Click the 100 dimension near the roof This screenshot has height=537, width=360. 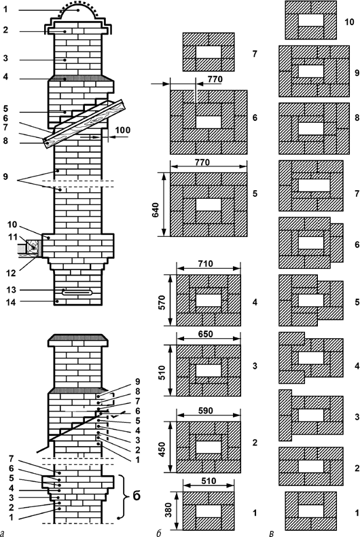(123, 130)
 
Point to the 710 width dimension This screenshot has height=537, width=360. (206, 263)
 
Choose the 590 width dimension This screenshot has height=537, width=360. (206, 411)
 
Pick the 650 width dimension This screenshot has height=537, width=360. (206, 334)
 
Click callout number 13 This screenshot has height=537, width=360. (12, 290)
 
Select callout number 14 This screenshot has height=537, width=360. (12, 302)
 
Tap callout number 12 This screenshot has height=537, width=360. (12, 273)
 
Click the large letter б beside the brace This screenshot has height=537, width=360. (136, 496)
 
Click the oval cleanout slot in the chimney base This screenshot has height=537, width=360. (77, 292)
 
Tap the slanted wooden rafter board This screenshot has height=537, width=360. (84, 124)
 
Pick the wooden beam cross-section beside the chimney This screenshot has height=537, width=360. (33, 246)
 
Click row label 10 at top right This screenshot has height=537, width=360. (349, 22)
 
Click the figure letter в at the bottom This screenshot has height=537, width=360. (271, 533)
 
